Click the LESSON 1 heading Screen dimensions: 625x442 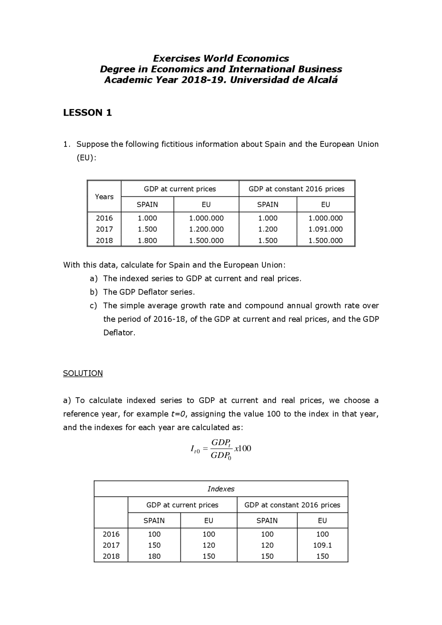point(87,113)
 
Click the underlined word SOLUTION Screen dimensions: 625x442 point(83,373)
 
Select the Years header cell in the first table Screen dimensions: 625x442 point(104,197)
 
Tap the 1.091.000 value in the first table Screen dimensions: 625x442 point(325,229)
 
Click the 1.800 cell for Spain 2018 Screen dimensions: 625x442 point(147,241)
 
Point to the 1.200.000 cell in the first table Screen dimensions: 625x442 point(206,229)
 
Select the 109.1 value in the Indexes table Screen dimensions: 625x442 point(322,545)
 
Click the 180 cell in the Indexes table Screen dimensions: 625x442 point(154,556)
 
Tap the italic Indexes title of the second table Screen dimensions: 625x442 point(221,489)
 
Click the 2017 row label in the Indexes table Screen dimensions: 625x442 point(111,545)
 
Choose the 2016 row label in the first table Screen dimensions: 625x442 point(104,218)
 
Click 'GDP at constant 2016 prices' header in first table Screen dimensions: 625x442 point(296,189)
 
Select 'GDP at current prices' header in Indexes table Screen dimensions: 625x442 point(182,505)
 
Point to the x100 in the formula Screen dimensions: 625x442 point(243,449)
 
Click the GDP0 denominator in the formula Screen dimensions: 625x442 point(221,456)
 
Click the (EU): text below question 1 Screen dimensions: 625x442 point(86,158)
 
